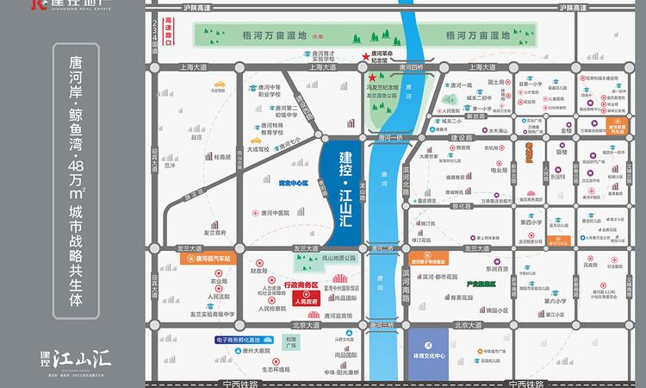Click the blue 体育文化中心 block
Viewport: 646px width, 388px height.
pyautogui.click(x=428, y=354)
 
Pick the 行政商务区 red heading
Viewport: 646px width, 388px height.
pyautogui.click(x=301, y=285)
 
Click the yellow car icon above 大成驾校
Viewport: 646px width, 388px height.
pyautogui.click(x=255, y=140)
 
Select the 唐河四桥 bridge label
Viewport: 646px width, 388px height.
pyautogui.click(x=413, y=66)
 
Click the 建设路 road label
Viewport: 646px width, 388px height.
pyautogui.click(x=464, y=137)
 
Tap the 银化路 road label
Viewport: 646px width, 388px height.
pyautogui.click(x=463, y=206)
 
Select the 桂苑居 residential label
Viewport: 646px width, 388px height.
pyautogui.click(x=222, y=158)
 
